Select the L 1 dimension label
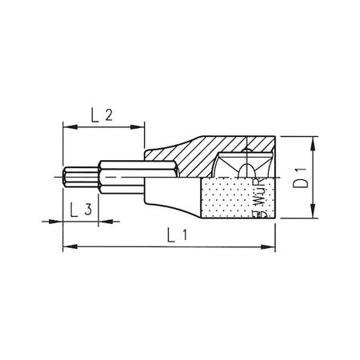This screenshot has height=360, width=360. coord(174,234)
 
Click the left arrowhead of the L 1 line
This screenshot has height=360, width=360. coord(66,246)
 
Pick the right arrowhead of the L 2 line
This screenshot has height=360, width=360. coord(141,127)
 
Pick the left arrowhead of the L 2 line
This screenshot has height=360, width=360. coord(66,127)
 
